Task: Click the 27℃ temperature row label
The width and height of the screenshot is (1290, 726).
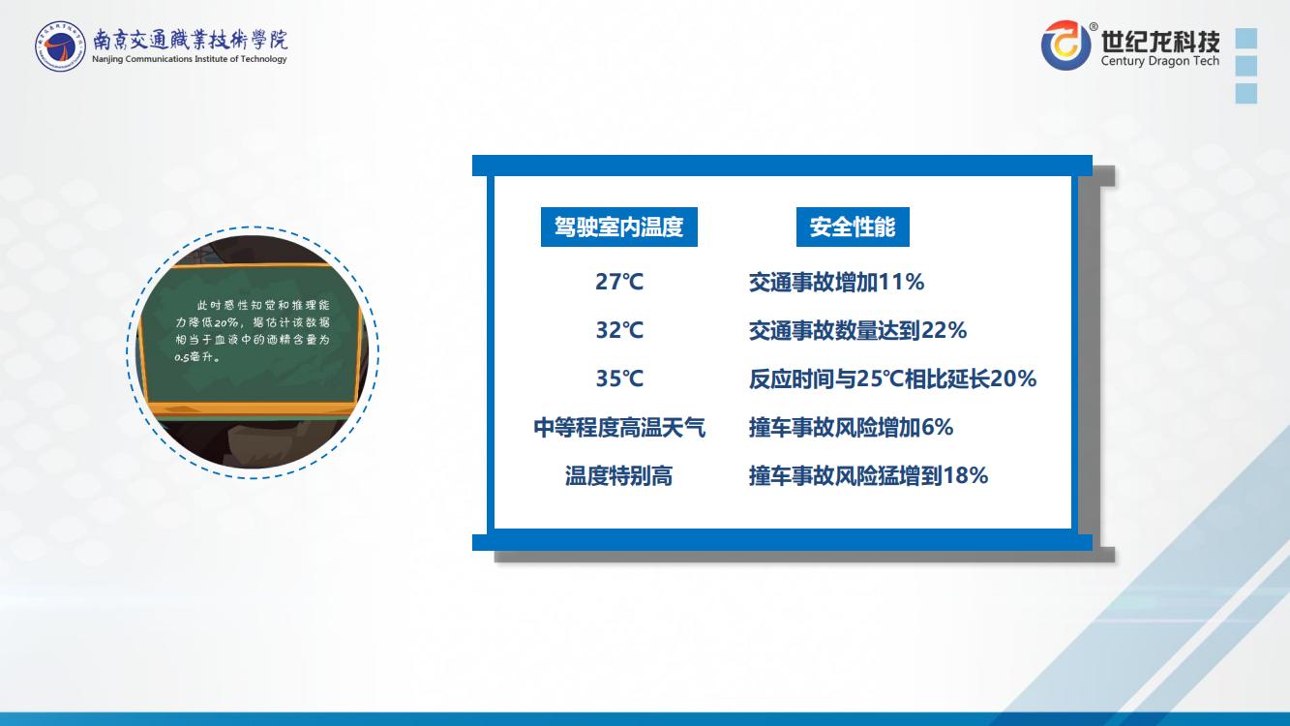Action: [x=619, y=282]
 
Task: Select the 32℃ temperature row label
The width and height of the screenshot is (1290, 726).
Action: [x=619, y=330]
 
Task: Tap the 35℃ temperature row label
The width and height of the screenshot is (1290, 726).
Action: [x=619, y=378]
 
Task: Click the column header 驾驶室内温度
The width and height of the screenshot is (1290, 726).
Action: [x=619, y=227]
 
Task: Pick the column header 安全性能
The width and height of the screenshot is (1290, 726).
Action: [x=853, y=227]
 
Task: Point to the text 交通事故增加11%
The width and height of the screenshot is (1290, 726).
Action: [x=836, y=282]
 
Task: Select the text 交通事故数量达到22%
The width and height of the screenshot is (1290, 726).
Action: [x=857, y=330]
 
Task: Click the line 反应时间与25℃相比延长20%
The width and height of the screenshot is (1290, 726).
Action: [x=892, y=378]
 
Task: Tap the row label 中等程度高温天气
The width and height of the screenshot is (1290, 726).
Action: [x=619, y=428]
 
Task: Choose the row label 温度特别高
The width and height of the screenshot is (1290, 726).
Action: [x=619, y=476]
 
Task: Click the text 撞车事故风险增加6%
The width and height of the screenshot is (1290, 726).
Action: [x=851, y=428]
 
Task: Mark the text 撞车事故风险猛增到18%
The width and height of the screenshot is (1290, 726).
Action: [x=868, y=476]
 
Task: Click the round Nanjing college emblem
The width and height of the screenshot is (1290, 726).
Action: [x=60, y=46]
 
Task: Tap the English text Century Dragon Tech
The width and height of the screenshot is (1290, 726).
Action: [x=1160, y=61]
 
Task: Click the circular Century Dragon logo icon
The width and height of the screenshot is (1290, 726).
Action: [x=1065, y=45]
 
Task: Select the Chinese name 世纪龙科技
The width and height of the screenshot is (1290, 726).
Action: [x=1160, y=41]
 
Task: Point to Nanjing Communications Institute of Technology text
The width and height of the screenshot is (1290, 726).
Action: [x=190, y=59]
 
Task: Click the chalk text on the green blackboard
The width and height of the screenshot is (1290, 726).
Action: [x=253, y=331]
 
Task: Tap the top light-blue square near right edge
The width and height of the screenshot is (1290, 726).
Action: [x=1246, y=39]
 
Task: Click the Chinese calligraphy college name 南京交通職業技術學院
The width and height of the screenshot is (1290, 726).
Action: [x=190, y=40]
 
